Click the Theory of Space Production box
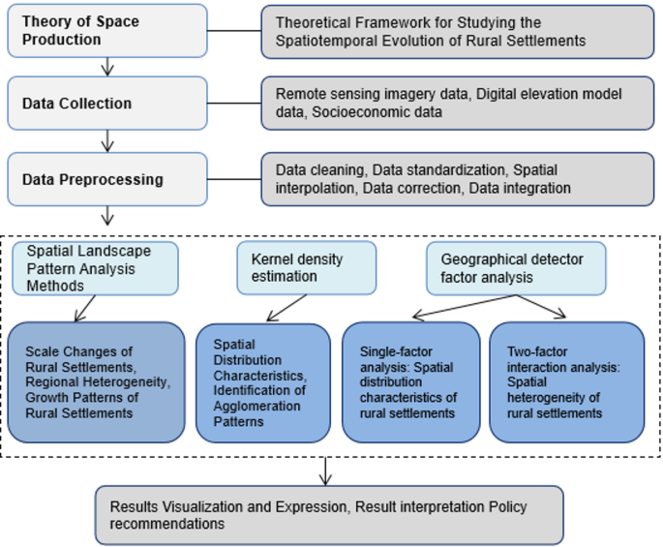click(x=107, y=31)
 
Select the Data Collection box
click(x=107, y=103)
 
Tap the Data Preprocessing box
click(x=107, y=179)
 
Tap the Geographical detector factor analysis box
click(x=517, y=268)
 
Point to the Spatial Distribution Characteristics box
click(x=263, y=381)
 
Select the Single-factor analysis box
click(x=410, y=381)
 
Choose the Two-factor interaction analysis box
click(x=566, y=381)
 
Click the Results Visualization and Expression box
click(x=329, y=515)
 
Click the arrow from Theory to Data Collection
click(x=107, y=66)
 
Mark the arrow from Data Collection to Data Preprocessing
click(x=107, y=140)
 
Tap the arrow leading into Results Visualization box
click(x=325, y=471)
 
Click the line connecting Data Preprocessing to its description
click(x=234, y=179)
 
